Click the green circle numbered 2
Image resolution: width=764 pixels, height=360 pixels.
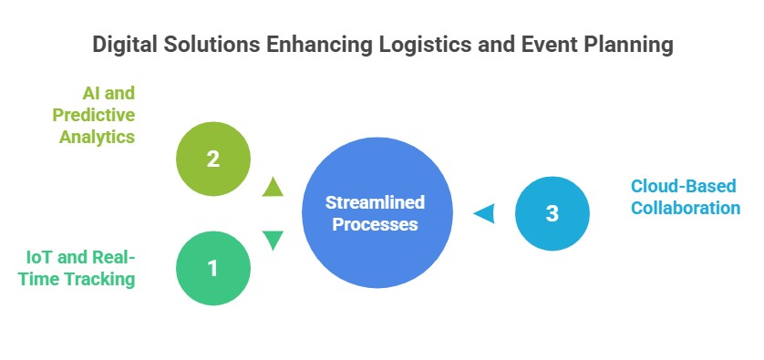click(x=212, y=159)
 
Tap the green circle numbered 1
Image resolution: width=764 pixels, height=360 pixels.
click(x=212, y=268)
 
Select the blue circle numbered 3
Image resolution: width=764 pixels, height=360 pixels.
click(x=552, y=213)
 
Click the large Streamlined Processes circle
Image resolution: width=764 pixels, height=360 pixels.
click(x=377, y=212)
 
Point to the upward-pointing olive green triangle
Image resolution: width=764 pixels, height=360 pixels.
click(x=273, y=188)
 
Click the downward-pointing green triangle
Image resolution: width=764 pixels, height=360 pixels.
click(x=273, y=240)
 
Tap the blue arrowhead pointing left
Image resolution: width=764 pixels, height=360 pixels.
click(x=484, y=213)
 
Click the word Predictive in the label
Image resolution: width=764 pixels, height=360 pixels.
click(x=94, y=115)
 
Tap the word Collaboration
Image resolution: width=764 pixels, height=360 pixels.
click(x=686, y=208)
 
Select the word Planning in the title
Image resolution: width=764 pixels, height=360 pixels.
click(x=628, y=46)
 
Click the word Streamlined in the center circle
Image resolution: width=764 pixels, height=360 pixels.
click(x=376, y=201)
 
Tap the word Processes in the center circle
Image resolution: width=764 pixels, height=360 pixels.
click(x=376, y=223)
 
